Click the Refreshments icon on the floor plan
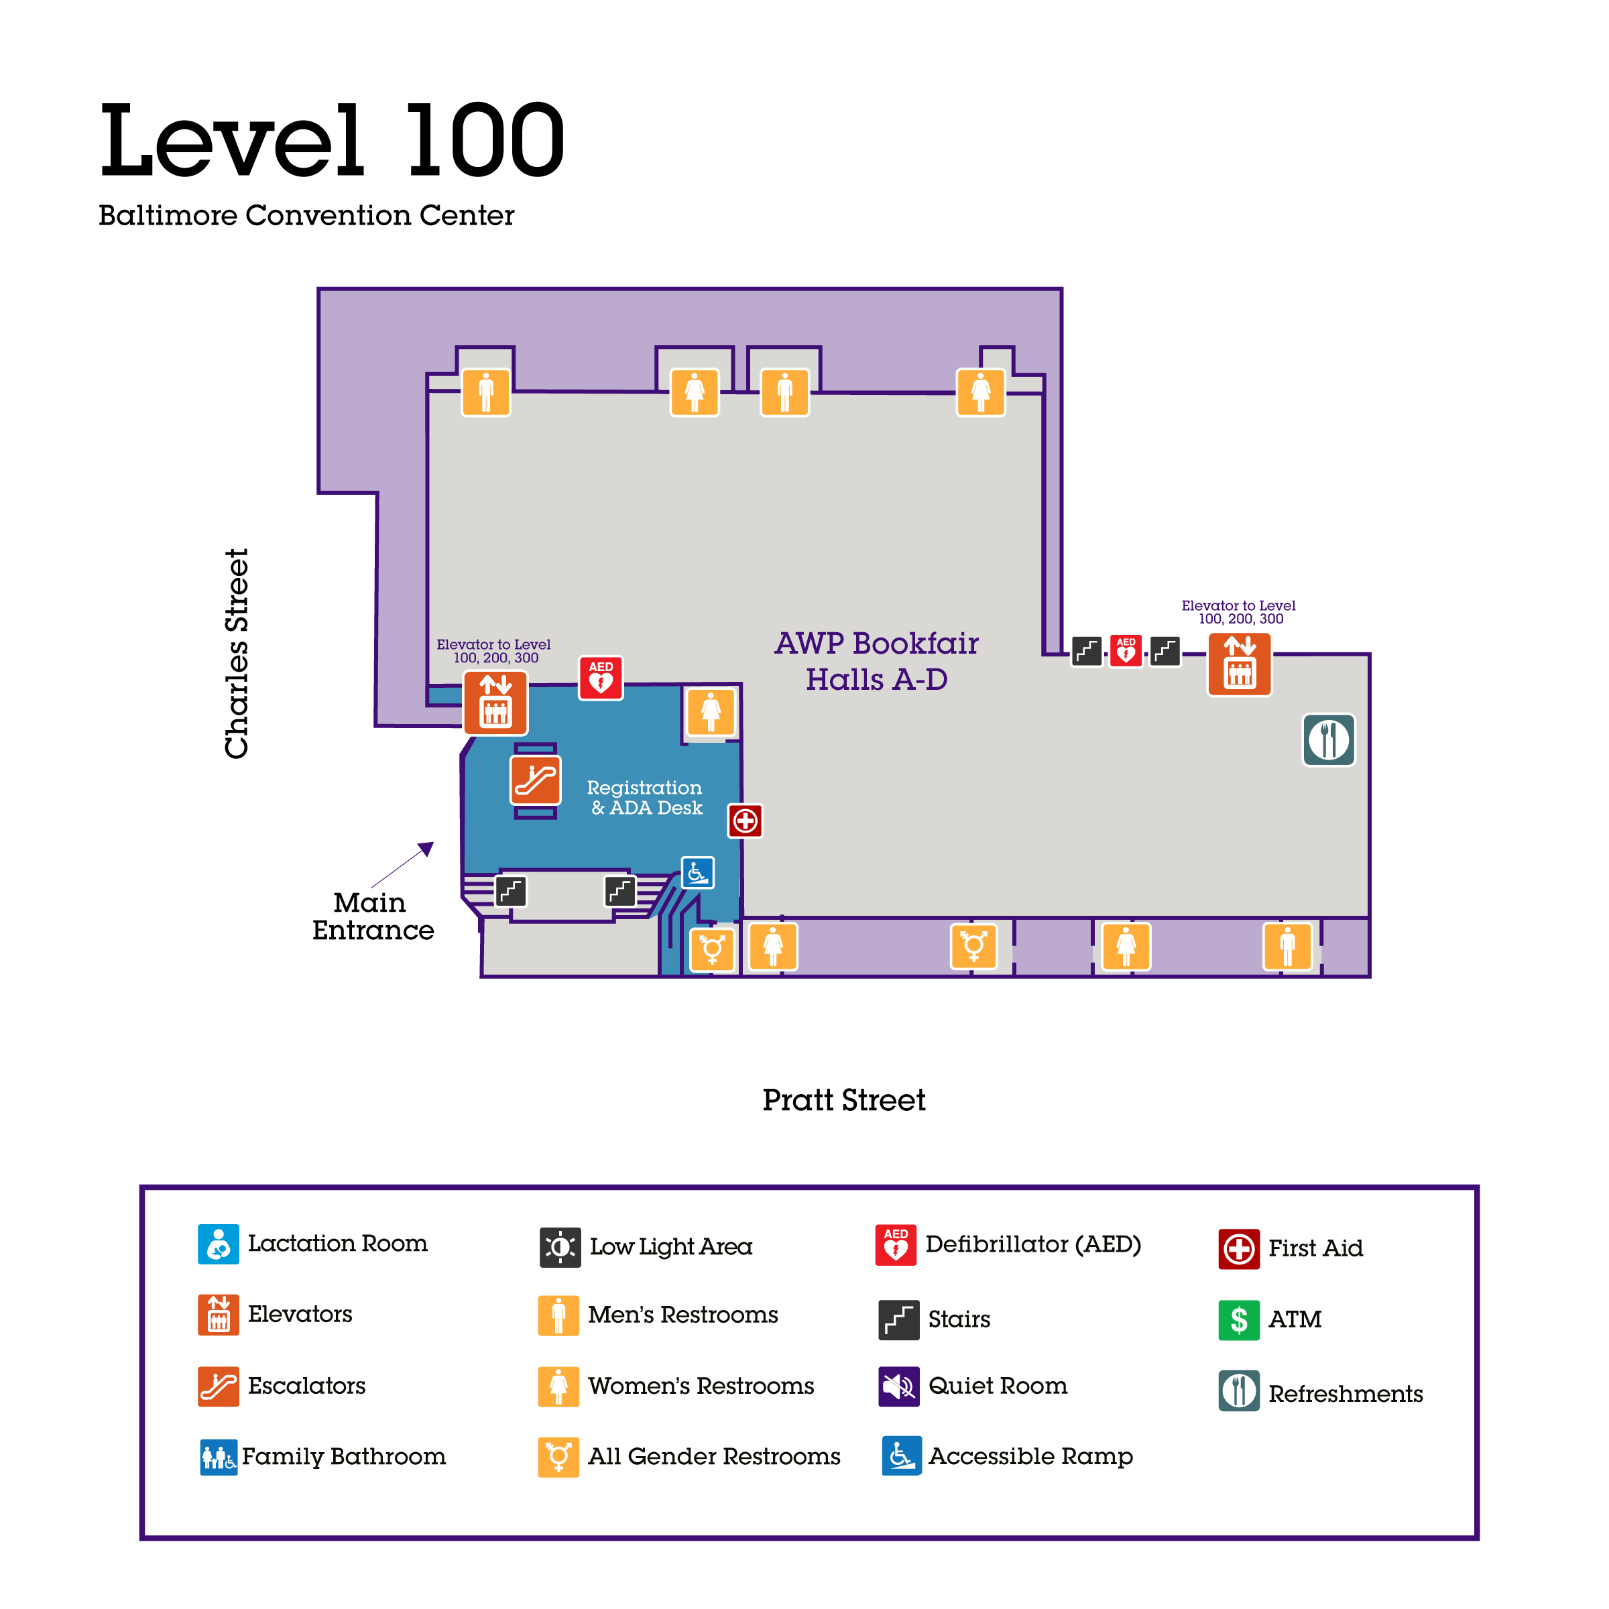[1328, 739]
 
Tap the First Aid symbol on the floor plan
[746, 821]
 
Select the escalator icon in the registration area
[536, 780]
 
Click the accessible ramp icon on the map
[698, 873]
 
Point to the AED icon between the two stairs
[1126, 650]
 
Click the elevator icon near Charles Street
[495, 704]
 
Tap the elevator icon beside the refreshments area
[1239, 664]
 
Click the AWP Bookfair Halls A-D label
[876, 661]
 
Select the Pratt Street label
[843, 1100]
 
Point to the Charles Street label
[237, 654]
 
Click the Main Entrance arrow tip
[430, 845]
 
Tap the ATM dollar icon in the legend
[1238, 1320]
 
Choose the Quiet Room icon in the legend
[898, 1386]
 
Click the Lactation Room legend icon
[218, 1244]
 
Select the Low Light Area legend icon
[560, 1248]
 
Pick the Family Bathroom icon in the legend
[218, 1457]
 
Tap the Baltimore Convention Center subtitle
[306, 216]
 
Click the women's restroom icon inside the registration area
[711, 712]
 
